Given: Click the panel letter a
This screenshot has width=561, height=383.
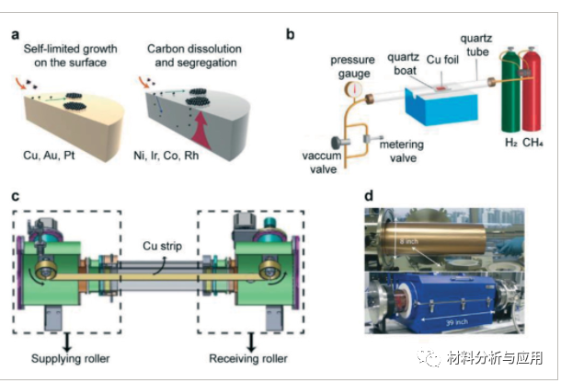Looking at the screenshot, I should click(x=16, y=36).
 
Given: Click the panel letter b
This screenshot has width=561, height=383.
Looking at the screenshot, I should click(x=292, y=36).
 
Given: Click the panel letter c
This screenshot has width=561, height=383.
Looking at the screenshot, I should click(x=16, y=196).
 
